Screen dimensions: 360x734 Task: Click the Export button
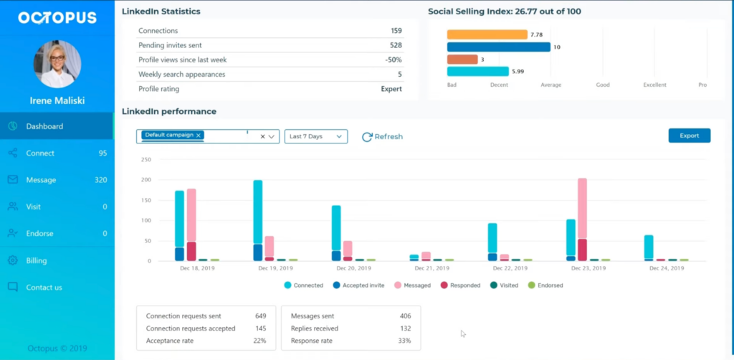[689, 136]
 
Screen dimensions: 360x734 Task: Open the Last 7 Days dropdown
[315, 136]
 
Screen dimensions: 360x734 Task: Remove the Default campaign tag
[199, 135]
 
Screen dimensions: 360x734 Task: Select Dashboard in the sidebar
[44, 126]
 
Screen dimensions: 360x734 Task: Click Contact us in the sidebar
[44, 287]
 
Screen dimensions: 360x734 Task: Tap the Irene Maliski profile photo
[57, 64]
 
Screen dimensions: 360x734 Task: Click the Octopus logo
[57, 18]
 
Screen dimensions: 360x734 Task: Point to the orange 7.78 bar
[487, 34]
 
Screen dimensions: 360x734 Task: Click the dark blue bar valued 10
[498, 47]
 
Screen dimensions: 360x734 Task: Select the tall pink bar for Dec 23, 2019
[582, 208]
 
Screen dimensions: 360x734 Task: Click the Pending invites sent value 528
[396, 45]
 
